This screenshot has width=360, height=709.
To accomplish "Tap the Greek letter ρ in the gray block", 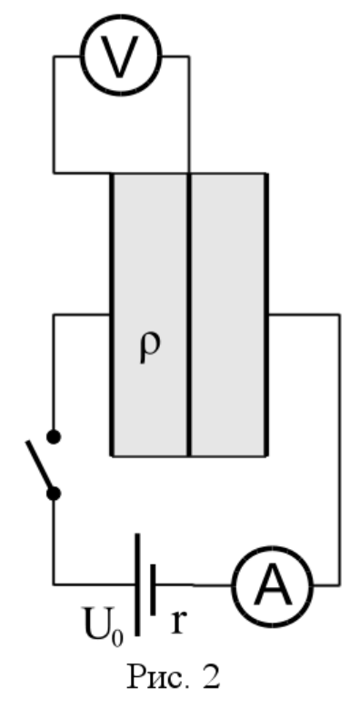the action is (x=149, y=348).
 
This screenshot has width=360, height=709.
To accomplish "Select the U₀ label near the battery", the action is (x=103, y=625).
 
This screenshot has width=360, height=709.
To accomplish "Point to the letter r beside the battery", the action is (x=178, y=623).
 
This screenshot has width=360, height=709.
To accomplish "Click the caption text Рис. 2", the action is (x=175, y=677).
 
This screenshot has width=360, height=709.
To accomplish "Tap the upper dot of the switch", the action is (x=54, y=437).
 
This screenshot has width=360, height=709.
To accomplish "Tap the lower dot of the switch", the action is (x=54, y=494).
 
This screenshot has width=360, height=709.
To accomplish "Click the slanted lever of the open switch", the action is (x=40, y=466).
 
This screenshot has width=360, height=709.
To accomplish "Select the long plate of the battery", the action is (x=137, y=584).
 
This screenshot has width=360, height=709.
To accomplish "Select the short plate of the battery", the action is (x=153, y=590).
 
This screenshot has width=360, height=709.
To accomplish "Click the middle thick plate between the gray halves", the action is (x=189, y=315).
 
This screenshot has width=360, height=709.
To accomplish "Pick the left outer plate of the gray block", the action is (x=112, y=315).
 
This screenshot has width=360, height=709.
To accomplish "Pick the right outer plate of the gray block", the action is (x=266, y=315).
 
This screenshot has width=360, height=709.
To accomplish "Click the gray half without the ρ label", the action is (x=227, y=315).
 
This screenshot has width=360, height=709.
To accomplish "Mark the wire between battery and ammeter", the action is (x=195, y=585).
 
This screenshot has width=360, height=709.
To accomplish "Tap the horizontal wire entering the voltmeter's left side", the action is (x=67, y=56).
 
